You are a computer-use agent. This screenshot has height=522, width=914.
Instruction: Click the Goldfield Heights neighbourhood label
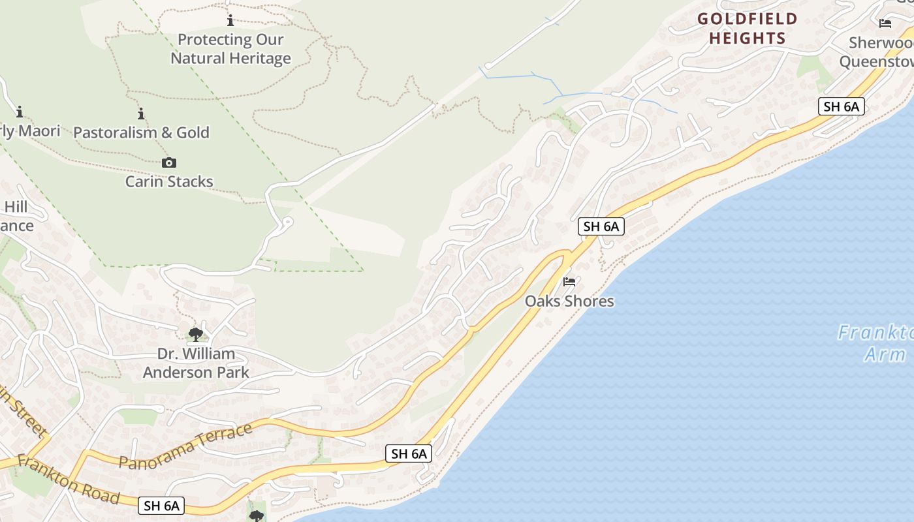point(747,28)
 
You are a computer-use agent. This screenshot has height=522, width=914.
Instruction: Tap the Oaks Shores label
point(569,301)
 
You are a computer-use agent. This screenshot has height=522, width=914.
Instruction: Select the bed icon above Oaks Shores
point(569,282)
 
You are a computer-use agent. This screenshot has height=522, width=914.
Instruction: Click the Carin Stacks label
point(169,181)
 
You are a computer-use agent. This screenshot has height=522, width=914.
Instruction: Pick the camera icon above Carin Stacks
point(169,162)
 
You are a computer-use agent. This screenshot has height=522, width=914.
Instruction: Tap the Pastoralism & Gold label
point(141,132)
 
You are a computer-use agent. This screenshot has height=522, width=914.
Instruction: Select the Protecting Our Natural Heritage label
point(230,49)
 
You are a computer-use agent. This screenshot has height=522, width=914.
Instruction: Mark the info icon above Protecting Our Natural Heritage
point(230,21)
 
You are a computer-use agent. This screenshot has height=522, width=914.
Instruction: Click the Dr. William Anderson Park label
point(196,363)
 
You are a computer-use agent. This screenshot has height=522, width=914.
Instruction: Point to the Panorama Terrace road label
point(186,446)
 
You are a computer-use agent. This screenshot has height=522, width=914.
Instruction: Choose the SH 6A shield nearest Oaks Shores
point(601,226)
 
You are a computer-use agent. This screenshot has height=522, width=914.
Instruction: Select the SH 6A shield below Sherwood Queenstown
point(841,106)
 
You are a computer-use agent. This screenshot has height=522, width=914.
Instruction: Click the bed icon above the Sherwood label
point(885,23)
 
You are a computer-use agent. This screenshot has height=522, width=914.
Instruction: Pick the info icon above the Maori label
point(20,112)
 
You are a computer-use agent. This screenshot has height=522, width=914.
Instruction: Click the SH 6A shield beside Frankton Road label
point(161,505)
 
